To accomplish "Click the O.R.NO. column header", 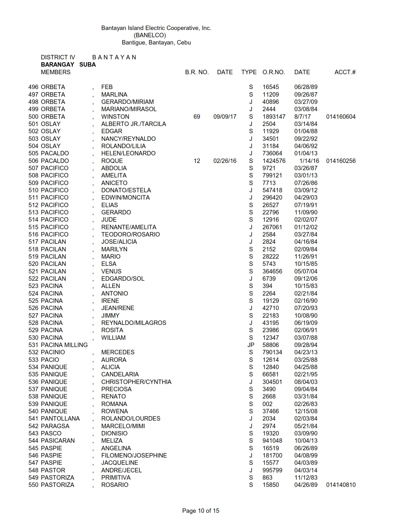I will [273, 72].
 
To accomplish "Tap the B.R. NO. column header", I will [197, 72].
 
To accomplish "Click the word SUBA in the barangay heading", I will [87, 64].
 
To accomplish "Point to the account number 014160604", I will [341, 117].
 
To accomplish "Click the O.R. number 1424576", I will [274, 161].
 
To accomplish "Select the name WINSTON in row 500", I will [115, 117].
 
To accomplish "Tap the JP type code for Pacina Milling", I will [251, 345].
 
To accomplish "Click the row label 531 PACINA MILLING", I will [58, 345].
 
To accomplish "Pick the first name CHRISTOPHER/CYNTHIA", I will [136, 382].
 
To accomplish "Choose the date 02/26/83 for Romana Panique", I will [306, 404].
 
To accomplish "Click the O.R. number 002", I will [267, 404].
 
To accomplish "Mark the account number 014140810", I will [341, 485].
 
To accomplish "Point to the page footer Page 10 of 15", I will [201, 511].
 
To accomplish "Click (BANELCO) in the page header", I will [150, 35].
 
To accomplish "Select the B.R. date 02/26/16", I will [224, 161].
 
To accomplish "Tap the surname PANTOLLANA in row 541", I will [60, 418].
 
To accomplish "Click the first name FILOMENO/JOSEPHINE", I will [134, 455].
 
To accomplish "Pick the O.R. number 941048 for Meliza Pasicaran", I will [272, 440].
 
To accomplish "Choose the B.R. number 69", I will [197, 117].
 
